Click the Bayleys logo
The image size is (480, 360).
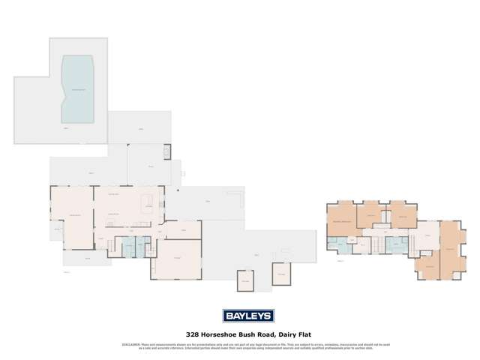click(x=247, y=316)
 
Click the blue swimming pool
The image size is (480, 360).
click(x=78, y=89)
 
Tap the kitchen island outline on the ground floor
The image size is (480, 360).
click(x=147, y=202)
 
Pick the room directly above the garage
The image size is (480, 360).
click(x=184, y=229)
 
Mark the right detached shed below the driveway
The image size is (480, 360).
click(x=281, y=274)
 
